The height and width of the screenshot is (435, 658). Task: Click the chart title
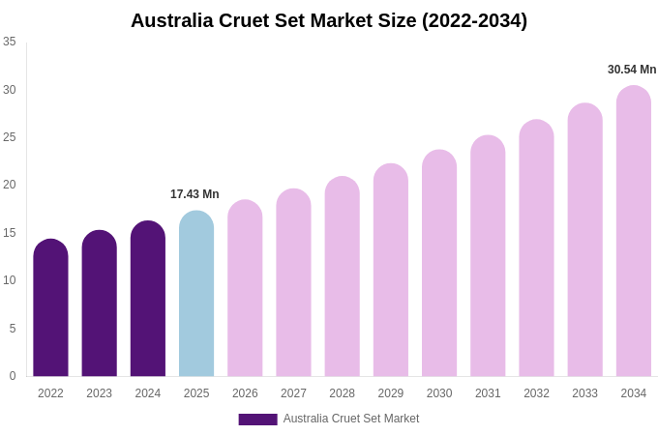[329, 20]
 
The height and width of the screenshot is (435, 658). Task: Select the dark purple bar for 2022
[50, 309]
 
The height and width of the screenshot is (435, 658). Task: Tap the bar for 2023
[99, 304]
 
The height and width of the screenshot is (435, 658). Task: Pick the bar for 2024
[148, 300]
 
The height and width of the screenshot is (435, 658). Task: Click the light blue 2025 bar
[196, 295]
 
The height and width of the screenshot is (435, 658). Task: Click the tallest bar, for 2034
[634, 232]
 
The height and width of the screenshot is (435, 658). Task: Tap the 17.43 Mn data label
[194, 194]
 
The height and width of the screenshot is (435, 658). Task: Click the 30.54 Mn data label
[632, 70]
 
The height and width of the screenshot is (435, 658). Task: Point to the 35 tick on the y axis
[10, 42]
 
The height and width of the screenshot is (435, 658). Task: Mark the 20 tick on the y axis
[10, 185]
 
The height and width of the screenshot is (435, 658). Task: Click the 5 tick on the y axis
[13, 329]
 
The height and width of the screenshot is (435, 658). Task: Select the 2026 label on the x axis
[245, 393]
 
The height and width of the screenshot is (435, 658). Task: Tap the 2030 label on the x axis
[439, 393]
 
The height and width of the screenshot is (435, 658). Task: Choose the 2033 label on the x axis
[584, 393]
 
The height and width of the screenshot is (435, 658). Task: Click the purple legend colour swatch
[257, 420]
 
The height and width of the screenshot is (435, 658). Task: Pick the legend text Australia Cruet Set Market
[351, 419]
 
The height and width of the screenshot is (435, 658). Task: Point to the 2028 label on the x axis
[342, 393]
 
